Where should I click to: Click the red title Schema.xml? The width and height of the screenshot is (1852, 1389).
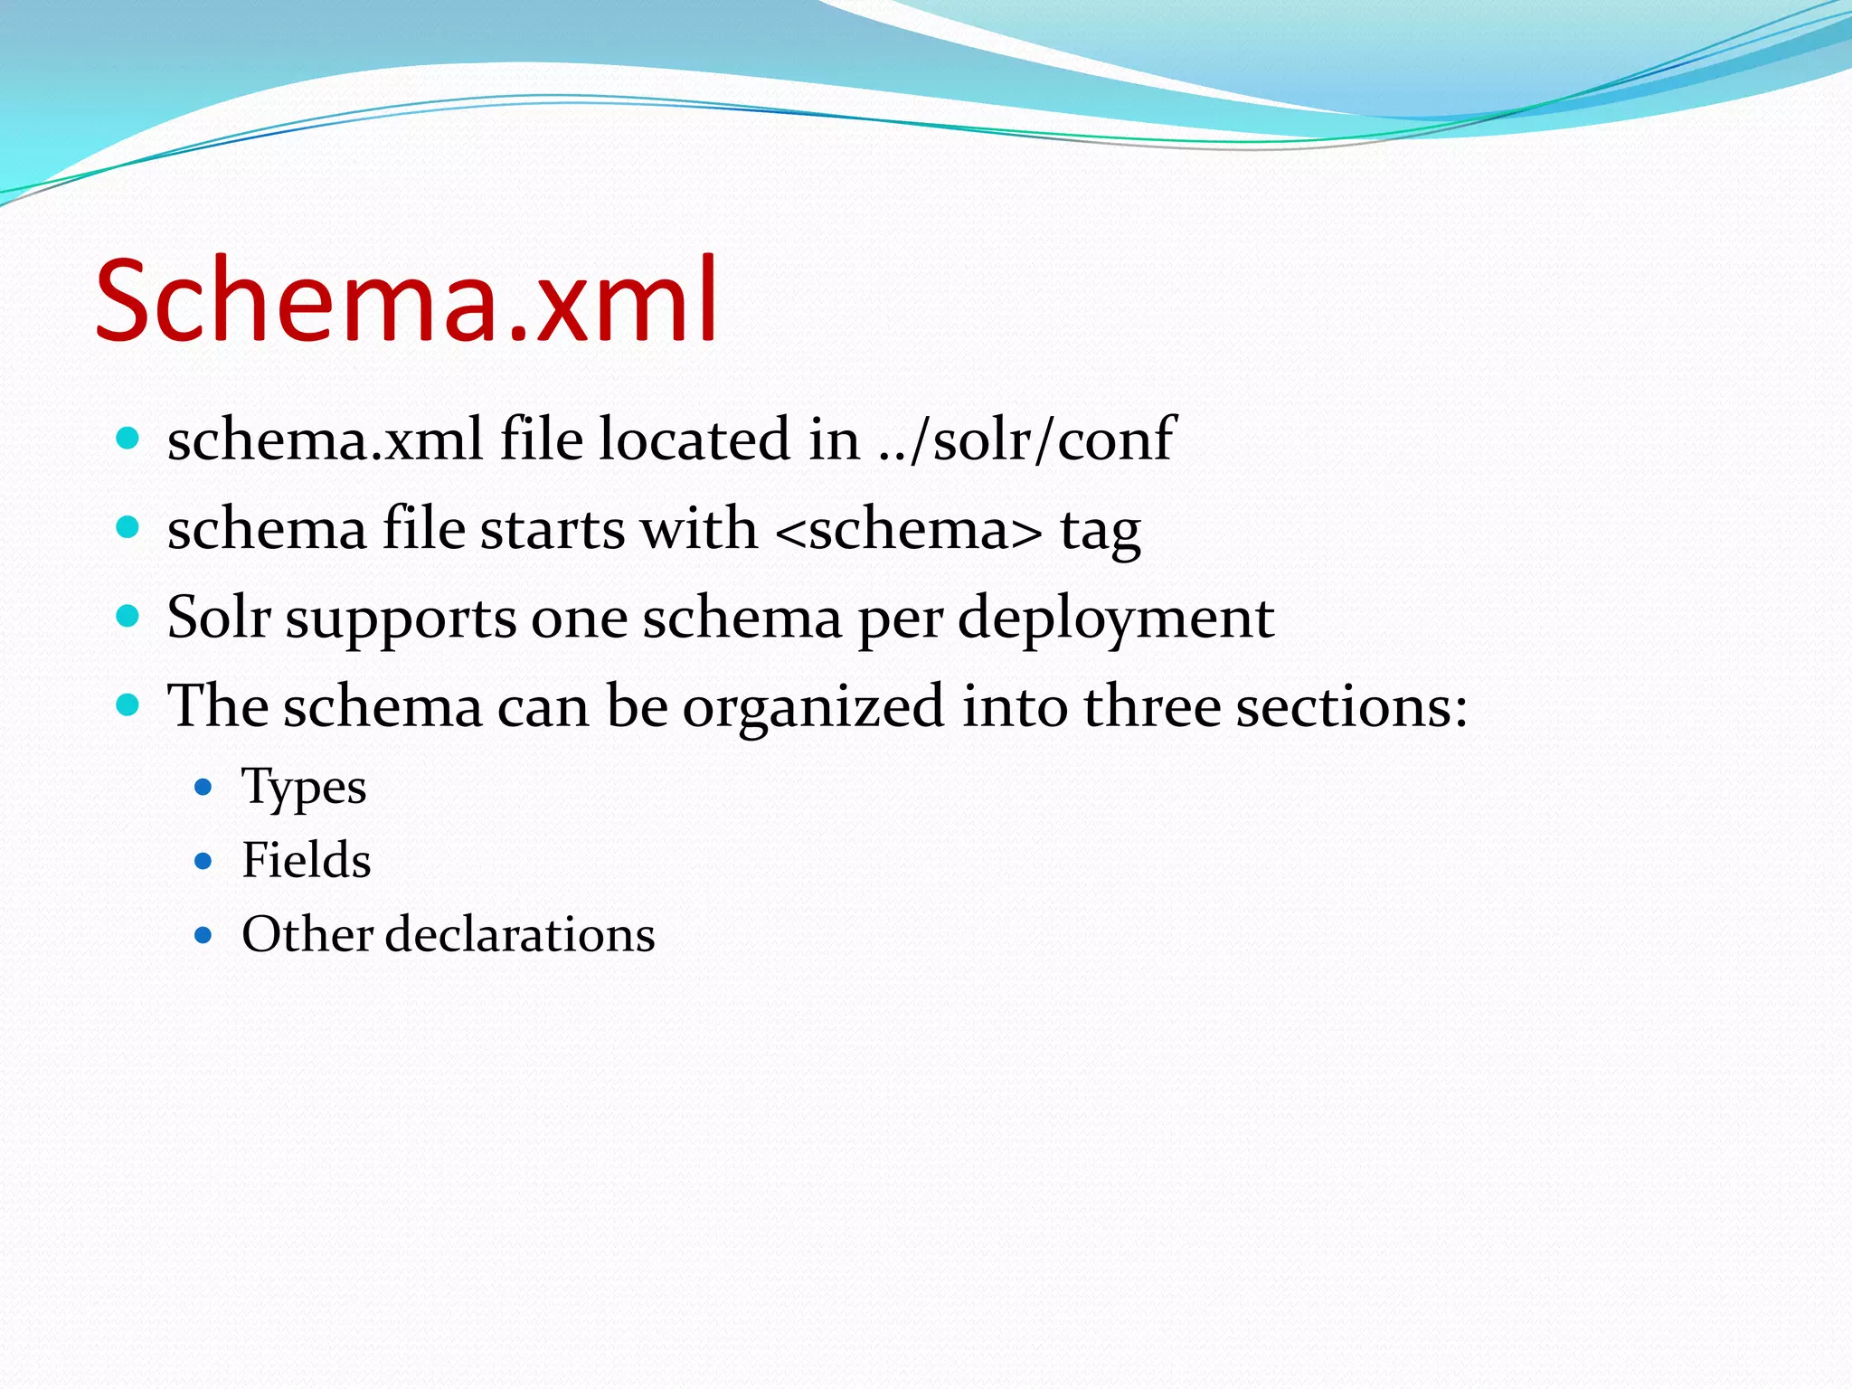(x=407, y=300)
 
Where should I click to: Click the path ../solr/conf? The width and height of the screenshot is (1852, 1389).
(x=1026, y=439)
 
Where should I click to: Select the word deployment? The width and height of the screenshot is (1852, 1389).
(x=1115, y=619)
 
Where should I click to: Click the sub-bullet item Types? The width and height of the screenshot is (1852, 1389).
(x=304, y=787)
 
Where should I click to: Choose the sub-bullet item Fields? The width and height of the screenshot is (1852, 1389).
(x=306, y=860)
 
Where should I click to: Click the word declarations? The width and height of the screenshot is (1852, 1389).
(x=520, y=934)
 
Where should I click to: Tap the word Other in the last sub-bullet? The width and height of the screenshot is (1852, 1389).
(x=307, y=934)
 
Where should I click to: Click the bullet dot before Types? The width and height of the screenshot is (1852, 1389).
(x=203, y=788)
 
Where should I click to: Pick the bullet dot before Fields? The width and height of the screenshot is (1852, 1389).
(x=203, y=861)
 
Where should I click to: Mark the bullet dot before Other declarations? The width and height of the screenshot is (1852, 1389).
(x=203, y=935)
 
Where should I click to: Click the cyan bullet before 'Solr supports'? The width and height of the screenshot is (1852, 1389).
(x=128, y=617)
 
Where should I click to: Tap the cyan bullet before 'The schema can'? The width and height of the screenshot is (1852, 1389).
(x=128, y=705)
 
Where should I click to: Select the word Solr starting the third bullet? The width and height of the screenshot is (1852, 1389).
(x=219, y=618)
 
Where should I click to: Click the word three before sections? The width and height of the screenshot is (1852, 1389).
(x=1152, y=707)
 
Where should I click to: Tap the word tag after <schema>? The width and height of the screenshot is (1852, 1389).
(x=1100, y=532)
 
